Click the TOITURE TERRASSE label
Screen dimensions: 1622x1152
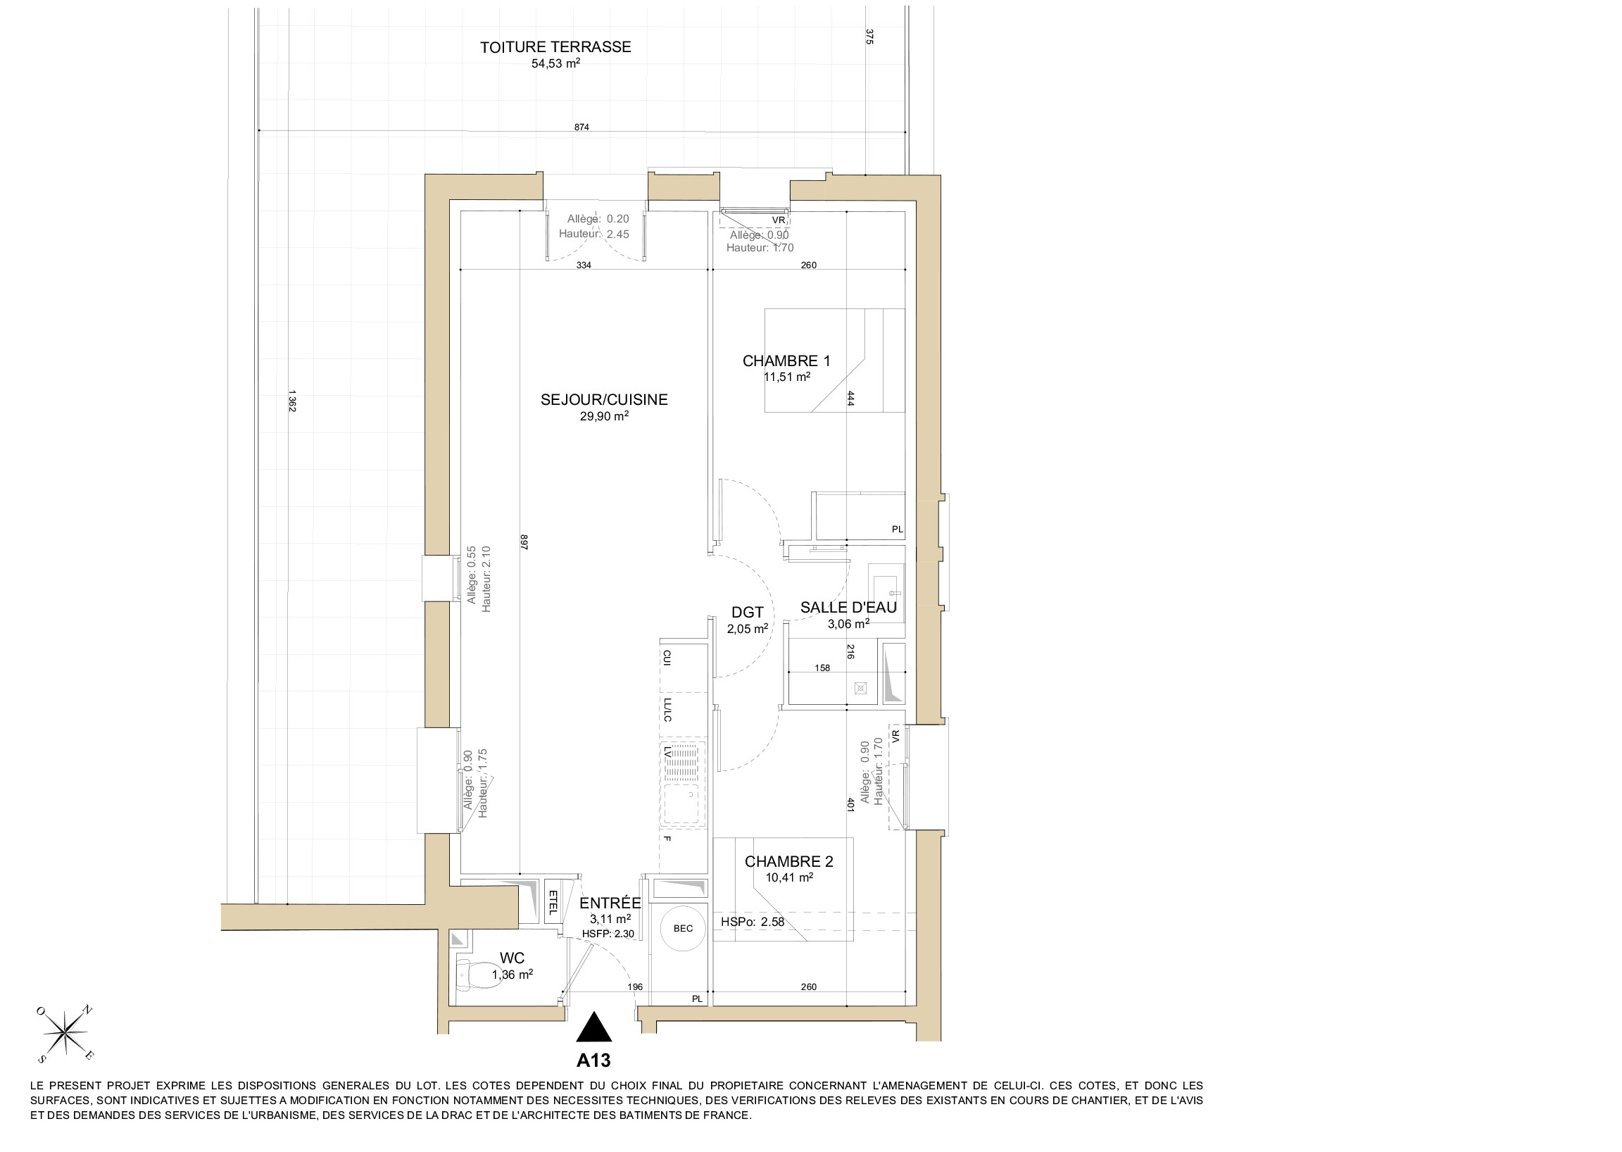pyautogui.click(x=555, y=47)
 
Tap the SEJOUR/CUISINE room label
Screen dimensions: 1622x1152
pyautogui.click(x=604, y=400)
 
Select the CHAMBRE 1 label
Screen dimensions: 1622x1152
pyautogui.click(x=786, y=361)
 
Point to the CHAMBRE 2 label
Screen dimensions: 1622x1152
pyautogui.click(x=788, y=862)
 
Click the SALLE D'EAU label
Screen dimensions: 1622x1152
pyautogui.click(x=848, y=608)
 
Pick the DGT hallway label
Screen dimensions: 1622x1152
pyautogui.click(x=748, y=613)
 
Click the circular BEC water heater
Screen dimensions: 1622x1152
pyautogui.click(x=683, y=928)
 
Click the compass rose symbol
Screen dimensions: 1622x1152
pyautogui.click(x=65, y=1034)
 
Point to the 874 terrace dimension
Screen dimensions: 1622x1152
pyautogui.click(x=581, y=127)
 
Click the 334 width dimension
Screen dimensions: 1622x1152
pyautogui.click(x=584, y=265)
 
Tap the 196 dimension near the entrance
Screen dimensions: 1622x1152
pyautogui.click(x=636, y=987)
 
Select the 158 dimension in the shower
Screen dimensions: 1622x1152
pyautogui.click(x=822, y=668)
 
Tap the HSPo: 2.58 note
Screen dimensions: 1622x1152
pyautogui.click(x=753, y=922)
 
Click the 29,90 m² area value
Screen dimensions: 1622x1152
pyautogui.click(x=604, y=416)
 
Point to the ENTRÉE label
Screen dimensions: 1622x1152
pyautogui.click(x=610, y=903)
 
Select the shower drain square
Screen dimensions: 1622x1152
pyautogui.click(x=861, y=687)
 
